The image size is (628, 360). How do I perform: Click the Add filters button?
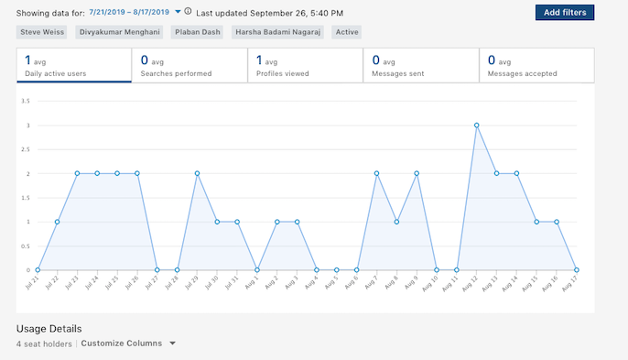pyautogui.click(x=566, y=12)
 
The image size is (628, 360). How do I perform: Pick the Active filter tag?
pyautogui.click(x=347, y=32)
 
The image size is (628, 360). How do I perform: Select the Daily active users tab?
pyautogui.click(x=74, y=65)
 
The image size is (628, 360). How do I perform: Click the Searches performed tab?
pyautogui.click(x=189, y=65)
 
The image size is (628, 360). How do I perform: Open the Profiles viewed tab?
pyautogui.click(x=305, y=65)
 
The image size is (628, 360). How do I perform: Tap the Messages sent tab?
pyautogui.click(x=420, y=65)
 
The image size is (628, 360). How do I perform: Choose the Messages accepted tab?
pyautogui.click(x=536, y=65)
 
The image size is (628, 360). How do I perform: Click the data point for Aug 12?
pyautogui.click(x=476, y=125)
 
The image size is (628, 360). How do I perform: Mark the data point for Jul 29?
pyautogui.click(x=197, y=173)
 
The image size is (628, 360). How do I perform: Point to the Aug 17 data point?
pyautogui.click(x=576, y=270)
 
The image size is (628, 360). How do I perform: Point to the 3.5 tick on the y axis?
pyautogui.click(x=27, y=101)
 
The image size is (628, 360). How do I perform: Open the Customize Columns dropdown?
pyautogui.click(x=127, y=344)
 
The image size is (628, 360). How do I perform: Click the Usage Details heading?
pyautogui.click(x=49, y=328)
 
